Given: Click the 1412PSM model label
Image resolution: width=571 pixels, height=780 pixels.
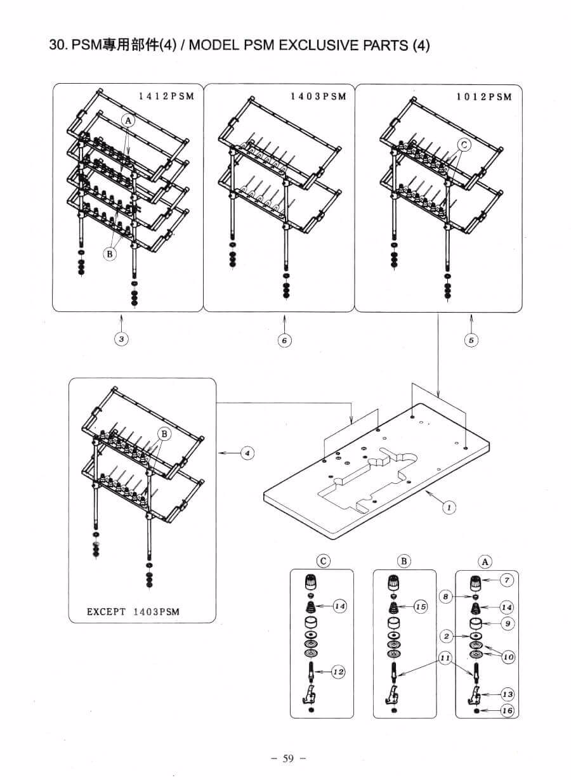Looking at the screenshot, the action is [166, 96].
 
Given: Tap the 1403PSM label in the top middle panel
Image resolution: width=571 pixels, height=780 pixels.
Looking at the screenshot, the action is [318, 96].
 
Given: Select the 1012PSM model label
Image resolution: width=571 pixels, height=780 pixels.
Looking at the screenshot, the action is [484, 97].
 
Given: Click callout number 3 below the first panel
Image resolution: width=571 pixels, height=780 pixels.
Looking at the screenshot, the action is [122, 339].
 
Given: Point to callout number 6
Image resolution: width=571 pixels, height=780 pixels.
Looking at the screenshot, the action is [285, 340].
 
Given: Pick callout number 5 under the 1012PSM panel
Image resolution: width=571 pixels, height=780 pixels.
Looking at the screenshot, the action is [471, 340].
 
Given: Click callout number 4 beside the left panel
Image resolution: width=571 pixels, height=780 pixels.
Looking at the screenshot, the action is [247, 453].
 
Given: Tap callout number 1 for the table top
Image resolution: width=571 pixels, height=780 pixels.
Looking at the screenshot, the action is [449, 508].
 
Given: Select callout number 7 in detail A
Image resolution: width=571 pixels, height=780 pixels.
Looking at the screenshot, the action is [507, 580].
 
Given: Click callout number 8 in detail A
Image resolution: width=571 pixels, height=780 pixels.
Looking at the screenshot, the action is [446, 597].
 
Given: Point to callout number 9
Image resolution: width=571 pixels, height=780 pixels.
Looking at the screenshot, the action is [508, 623].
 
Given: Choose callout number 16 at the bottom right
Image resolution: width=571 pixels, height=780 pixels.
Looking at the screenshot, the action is [508, 710].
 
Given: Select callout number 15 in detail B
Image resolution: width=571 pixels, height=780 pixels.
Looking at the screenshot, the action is [421, 607].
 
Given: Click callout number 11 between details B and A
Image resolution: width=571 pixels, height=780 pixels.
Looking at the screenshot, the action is [445, 658].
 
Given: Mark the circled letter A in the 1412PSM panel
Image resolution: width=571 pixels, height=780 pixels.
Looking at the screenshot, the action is [128, 121].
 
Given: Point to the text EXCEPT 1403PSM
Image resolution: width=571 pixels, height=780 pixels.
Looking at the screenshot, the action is [133, 612].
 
